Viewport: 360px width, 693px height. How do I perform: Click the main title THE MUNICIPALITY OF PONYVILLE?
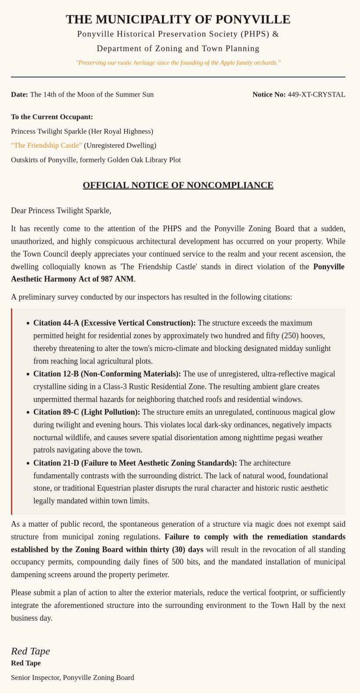click(178, 19)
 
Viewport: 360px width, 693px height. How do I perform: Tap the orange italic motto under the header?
click(178, 63)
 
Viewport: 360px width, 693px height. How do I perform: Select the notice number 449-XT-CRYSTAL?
click(316, 94)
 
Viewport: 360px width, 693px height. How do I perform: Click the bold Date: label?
click(19, 94)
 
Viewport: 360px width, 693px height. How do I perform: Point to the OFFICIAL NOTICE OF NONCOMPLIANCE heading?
click(178, 185)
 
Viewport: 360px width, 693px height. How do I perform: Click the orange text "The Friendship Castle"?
click(46, 145)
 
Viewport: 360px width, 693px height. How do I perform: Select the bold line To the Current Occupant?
click(52, 117)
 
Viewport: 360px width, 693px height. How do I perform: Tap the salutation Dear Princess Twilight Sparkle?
click(61, 210)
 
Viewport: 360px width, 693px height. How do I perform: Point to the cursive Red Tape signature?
click(30, 651)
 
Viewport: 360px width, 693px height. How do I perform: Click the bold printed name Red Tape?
click(25, 663)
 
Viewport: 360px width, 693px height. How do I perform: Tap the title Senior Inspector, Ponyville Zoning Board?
click(72, 678)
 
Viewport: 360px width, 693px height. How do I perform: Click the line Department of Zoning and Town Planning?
click(178, 48)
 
